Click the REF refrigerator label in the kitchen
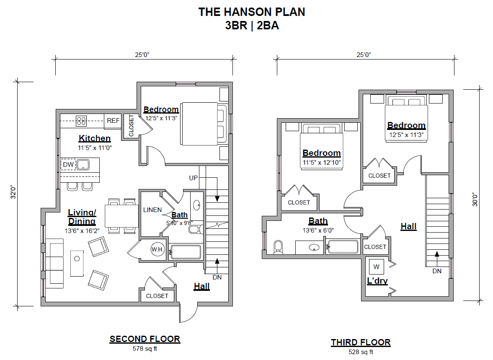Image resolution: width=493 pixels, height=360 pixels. point(113,121)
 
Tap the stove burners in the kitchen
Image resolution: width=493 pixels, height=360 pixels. point(81,121)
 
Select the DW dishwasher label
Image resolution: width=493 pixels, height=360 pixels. point(68,165)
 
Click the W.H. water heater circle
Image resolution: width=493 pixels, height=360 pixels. point(157,250)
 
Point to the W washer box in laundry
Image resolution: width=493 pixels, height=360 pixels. point(376,267)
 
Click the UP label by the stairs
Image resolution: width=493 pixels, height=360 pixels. point(194,178)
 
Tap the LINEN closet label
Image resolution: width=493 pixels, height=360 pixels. point(152,210)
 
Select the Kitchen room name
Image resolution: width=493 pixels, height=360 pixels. point(95,138)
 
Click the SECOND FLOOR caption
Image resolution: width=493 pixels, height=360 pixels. point(145,339)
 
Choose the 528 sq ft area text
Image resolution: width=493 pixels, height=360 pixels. point(361,352)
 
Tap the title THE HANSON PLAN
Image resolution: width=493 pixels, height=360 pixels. point(252,12)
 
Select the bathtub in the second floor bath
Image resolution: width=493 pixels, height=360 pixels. point(186,252)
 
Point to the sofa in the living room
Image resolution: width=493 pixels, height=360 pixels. point(54,262)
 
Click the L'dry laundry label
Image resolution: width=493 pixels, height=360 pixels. point(377,281)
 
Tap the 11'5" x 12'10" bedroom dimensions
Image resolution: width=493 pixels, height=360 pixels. point(322,162)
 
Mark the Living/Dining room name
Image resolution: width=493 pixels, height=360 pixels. point(82,217)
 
